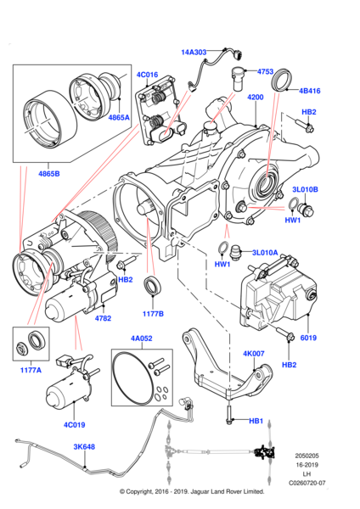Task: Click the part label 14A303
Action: point(194,53)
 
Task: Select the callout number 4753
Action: point(266,72)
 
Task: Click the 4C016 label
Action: point(148,75)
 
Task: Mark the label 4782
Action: point(103,318)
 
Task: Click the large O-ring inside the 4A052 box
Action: point(138,378)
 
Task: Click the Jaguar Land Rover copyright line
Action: point(180,491)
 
